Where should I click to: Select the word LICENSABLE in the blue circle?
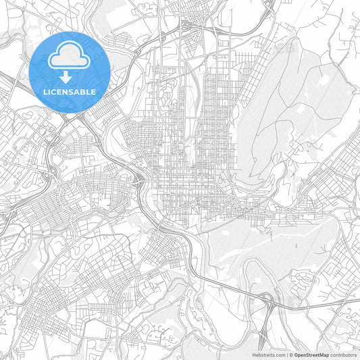coord(70,91)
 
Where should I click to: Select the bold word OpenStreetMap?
coord(311,353)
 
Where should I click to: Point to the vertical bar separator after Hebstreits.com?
coord(287,353)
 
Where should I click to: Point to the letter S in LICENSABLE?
coord(70,91)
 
